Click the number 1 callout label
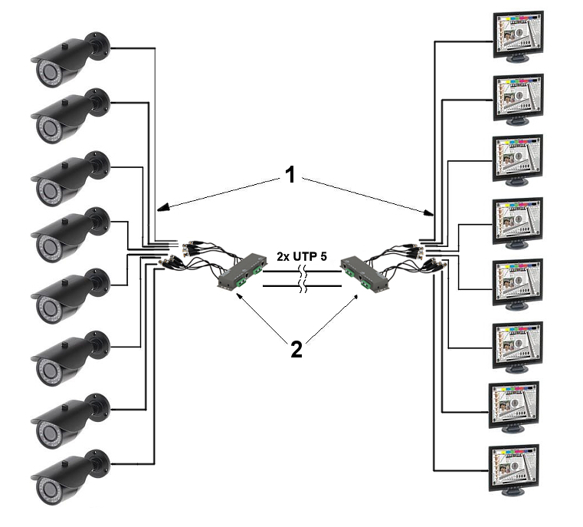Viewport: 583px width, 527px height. point(290,175)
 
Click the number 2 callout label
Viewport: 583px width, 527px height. point(296,350)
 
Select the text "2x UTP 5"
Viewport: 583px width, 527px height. point(302,256)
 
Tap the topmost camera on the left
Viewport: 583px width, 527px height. point(70,60)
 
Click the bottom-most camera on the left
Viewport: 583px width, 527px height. point(70,477)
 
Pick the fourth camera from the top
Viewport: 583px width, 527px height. point(70,235)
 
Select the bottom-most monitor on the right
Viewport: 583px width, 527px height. point(513,470)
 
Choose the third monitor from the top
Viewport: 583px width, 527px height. point(517,160)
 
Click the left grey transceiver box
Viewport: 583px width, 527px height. point(242,272)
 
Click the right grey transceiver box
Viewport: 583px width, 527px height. point(365,274)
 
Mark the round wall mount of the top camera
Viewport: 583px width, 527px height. point(98,46)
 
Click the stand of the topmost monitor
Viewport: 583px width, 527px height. point(517,59)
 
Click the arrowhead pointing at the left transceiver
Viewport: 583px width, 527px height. point(239,295)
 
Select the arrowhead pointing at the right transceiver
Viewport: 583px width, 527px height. point(355,298)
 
